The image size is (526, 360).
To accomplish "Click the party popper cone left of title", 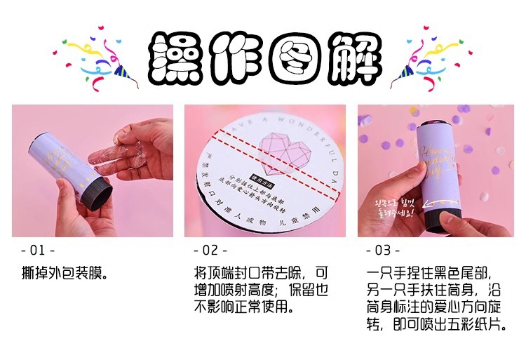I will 122,69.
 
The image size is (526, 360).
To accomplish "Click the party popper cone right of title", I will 405,69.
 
